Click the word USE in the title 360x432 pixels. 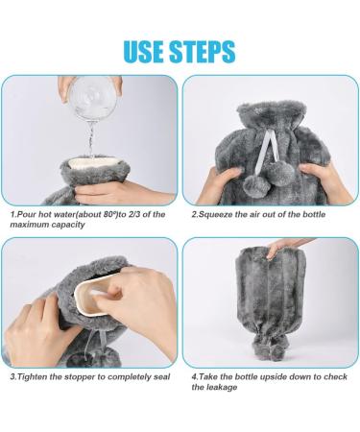[144, 51]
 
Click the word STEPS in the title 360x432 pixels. [203, 51]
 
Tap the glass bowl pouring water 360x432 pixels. [93, 98]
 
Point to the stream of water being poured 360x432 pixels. [91, 139]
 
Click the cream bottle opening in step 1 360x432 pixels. [93, 162]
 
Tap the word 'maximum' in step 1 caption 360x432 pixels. [30, 225]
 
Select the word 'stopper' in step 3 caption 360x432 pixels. [80, 377]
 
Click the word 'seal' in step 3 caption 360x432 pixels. [161, 377]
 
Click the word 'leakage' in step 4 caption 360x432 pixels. [222, 388]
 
